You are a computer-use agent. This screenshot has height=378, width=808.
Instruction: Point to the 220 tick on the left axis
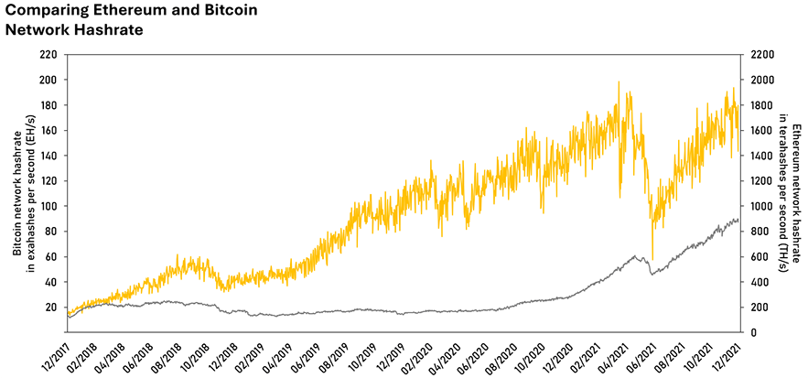click(x=48, y=55)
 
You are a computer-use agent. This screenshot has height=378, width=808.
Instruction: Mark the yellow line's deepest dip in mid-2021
click(x=652, y=259)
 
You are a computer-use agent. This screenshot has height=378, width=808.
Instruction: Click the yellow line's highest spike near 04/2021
click(x=619, y=82)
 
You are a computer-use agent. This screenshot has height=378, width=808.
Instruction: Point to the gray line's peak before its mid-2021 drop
click(x=635, y=256)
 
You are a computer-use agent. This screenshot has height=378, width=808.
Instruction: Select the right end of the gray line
click(x=738, y=220)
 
